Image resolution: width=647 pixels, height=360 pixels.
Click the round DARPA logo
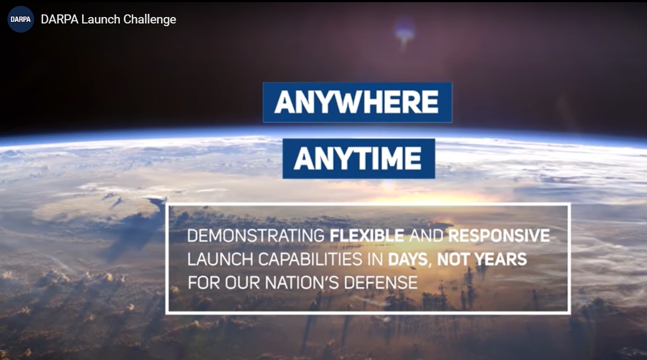click(20, 19)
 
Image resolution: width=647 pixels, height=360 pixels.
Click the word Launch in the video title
click(101, 19)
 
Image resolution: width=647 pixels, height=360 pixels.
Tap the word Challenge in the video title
click(150, 20)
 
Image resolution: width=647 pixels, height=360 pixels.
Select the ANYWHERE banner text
click(357, 102)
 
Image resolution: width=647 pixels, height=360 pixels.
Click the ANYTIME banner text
click(358, 158)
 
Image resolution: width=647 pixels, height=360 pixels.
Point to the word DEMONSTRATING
click(256, 235)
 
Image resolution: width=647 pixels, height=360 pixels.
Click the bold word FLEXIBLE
click(367, 235)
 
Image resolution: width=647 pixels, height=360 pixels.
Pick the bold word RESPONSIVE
click(499, 235)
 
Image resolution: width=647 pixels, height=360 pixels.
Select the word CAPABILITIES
click(310, 259)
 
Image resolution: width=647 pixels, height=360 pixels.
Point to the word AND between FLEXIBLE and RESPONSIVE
click(426, 235)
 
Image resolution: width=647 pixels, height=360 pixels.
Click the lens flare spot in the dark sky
click(405, 32)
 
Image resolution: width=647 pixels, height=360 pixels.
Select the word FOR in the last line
click(204, 283)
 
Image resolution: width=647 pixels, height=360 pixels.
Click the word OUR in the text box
click(242, 283)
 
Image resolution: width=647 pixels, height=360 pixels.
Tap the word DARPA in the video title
click(60, 19)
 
